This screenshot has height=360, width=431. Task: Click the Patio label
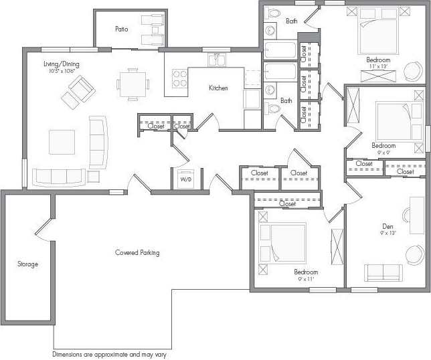pyautogui.click(x=121, y=29)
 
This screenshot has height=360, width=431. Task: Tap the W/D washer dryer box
pyautogui.click(x=185, y=179)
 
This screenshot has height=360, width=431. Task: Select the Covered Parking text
pyautogui.click(x=137, y=253)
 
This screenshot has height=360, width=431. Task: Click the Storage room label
pyautogui.click(x=27, y=264)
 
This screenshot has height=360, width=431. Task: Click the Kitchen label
pyautogui.click(x=218, y=88)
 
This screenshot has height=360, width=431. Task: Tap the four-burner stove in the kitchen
pyautogui.click(x=180, y=78)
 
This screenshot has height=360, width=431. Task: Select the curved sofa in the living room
pyautogui.click(x=98, y=142)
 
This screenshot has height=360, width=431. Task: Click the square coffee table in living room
pyautogui.click(x=62, y=142)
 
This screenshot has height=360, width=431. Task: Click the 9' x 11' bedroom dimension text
pyautogui.click(x=306, y=280)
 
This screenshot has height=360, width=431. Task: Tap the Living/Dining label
pyautogui.click(x=62, y=64)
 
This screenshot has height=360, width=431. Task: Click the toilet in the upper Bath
pyautogui.click(x=273, y=13)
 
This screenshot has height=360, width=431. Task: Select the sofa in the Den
pyautogui.click(x=383, y=272)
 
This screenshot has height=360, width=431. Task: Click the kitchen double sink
pyautogui.click(x=216, y=61)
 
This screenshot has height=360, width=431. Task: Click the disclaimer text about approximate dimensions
pyautogui.click(x=109, y=354)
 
